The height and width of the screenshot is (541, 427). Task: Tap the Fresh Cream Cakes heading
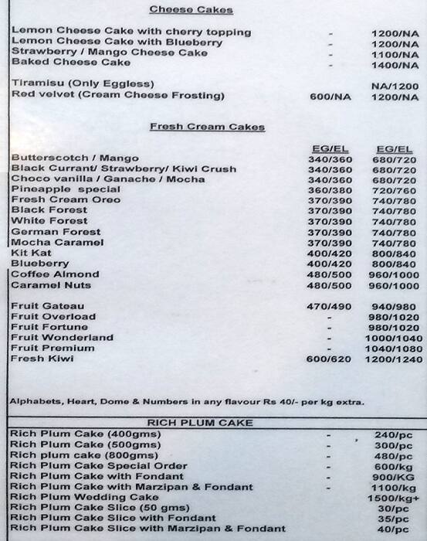coord(207,127)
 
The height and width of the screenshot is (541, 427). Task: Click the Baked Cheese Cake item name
coord(71,63)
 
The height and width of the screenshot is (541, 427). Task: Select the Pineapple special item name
coord(66,189)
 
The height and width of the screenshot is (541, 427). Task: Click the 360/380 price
coord(330,190)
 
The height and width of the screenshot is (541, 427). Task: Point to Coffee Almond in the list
coord(55,274)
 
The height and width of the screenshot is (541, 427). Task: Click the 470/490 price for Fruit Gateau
coord(330,307)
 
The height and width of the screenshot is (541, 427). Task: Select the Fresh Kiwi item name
coord(42,359)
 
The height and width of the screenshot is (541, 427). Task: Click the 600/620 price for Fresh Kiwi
coord(330,359)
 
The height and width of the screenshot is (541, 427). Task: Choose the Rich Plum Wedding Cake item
coord(84,498)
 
